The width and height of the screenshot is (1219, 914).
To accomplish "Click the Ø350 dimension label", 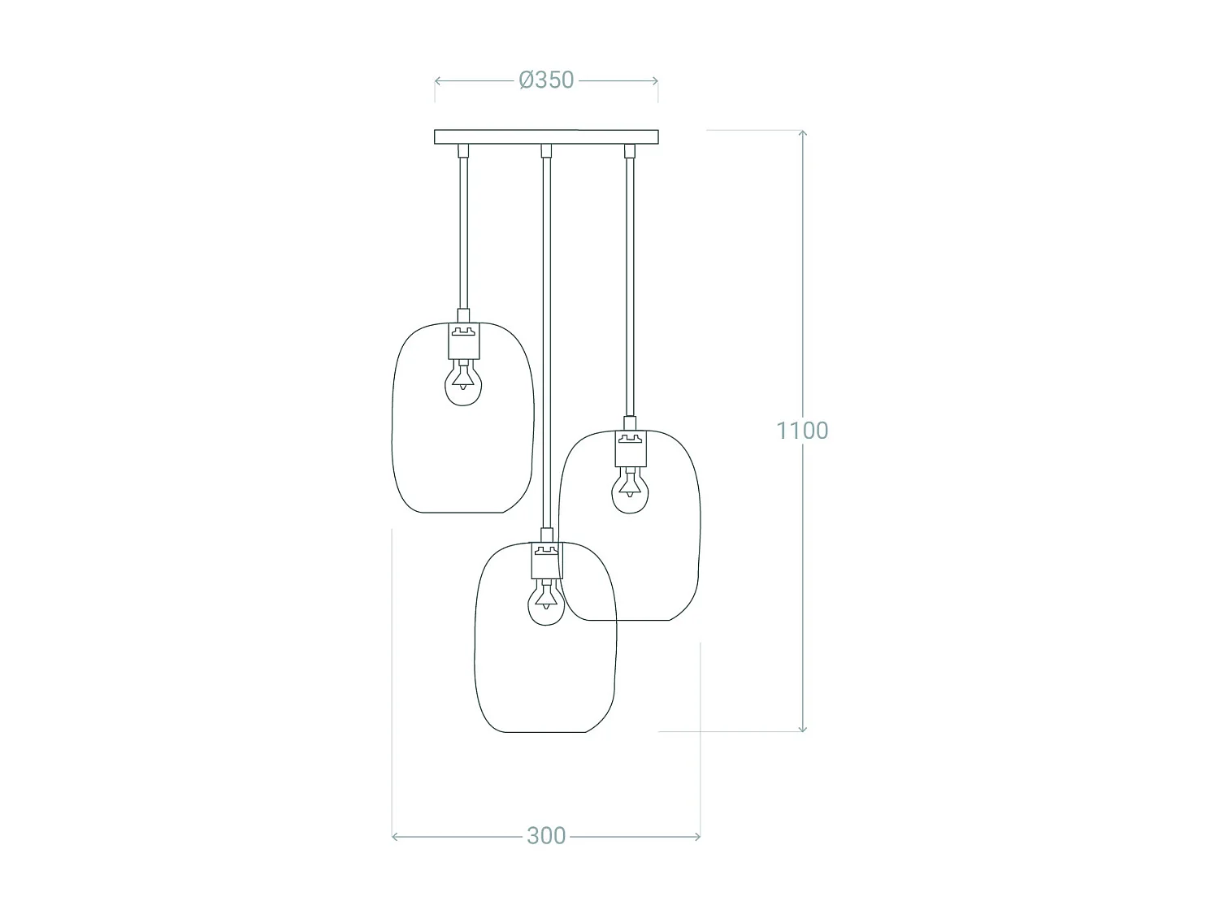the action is (546, 80).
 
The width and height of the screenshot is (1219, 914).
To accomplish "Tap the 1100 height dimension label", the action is (802, 431).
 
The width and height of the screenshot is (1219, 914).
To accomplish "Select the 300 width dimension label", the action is (546, 836).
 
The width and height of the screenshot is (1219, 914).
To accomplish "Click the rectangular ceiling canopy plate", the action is (546, 136).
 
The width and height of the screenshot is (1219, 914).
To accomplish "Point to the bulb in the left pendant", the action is (463, 383).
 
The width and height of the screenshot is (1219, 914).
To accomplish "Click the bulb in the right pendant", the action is (630, 490).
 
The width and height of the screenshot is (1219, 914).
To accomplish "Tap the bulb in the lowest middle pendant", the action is (546, 602).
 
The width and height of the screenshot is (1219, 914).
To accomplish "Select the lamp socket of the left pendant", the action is (464, 340).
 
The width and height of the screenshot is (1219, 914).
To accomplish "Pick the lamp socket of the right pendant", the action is (631, 448).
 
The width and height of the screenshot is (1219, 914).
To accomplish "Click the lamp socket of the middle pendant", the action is (546, 561).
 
